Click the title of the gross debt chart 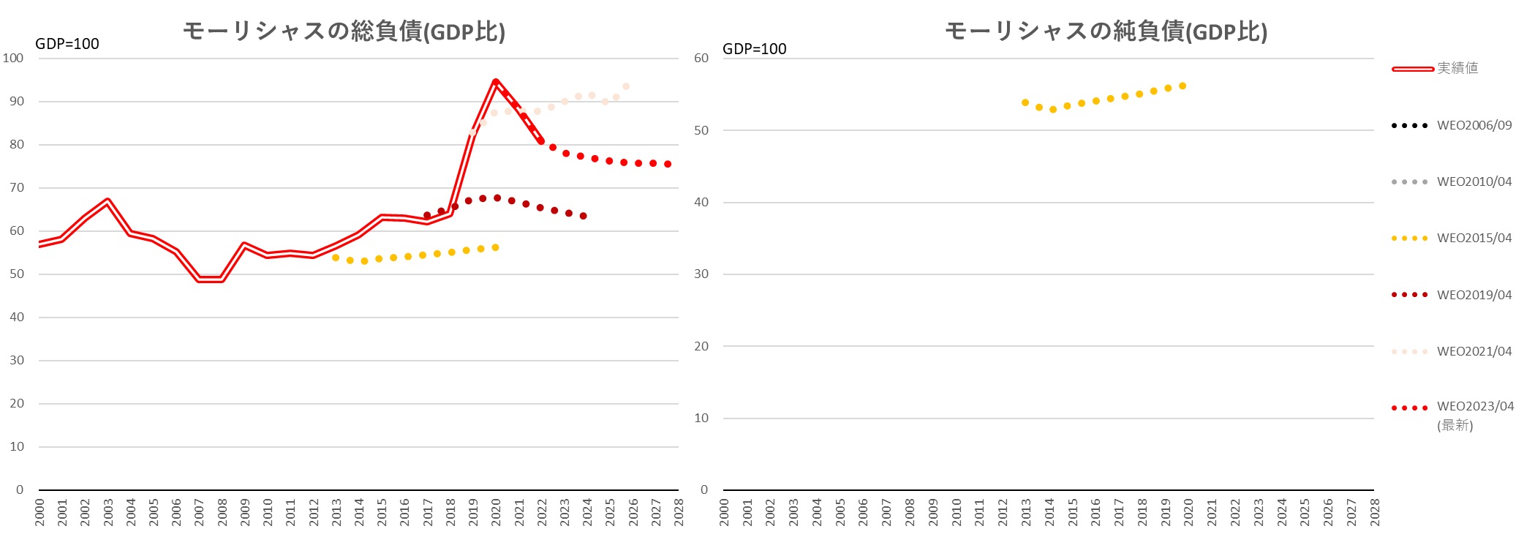coord(344,31)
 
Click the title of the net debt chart coord(1106,31)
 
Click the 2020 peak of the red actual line coord(496,82)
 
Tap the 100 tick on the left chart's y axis coord(13,58)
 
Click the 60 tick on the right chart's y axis coord(701,58)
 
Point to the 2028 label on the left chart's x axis coord(679,511)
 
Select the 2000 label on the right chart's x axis coord(724,511)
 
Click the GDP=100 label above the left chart coord(67,44)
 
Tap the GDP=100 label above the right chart coord(754,49)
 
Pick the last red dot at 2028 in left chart coord(668,165)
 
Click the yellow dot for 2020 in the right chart coord(1182,86)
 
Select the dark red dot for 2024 coord(583,216)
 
